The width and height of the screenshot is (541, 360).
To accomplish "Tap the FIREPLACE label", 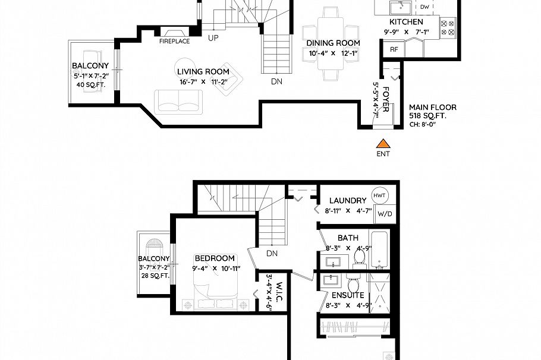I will coord(174,42).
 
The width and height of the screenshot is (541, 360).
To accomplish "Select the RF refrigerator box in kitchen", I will coord(394,49).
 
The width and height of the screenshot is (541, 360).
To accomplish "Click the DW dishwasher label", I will coord(424,7).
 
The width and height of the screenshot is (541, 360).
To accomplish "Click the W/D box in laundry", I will coord(385,214).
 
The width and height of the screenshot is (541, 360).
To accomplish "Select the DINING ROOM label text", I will coord(333,43).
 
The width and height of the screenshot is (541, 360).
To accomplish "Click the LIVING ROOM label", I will coord(203,72).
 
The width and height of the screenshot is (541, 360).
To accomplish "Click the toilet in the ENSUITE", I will coord(354,282).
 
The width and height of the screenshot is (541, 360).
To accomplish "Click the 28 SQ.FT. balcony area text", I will coord(154,276).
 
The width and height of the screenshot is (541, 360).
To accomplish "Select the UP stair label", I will coord(213,39).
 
